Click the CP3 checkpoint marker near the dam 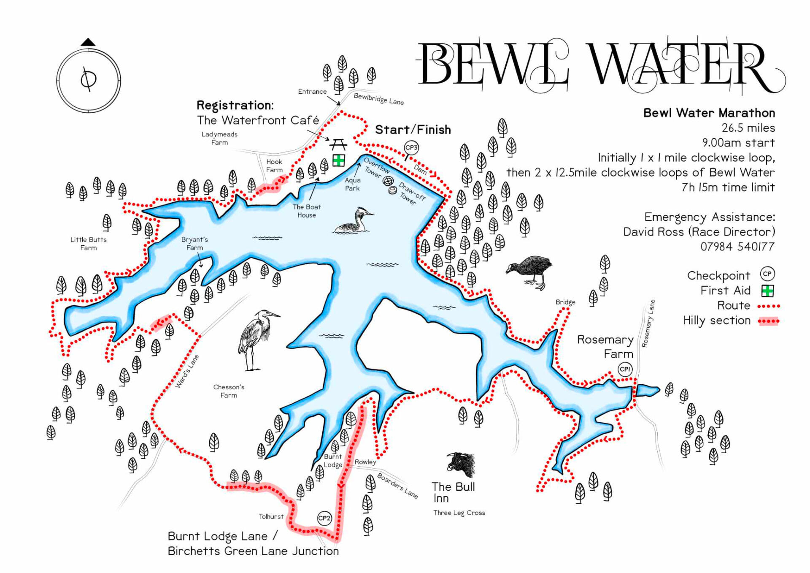click(411, 148)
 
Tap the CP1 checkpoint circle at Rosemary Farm click(625, 369)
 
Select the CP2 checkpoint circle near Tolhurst click(324, 518)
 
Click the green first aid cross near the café click(338, 160)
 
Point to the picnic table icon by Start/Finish click(338, 145)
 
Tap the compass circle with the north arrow click(89, 80)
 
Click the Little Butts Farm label click(89, 244)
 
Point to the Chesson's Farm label click(229, 391)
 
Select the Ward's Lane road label click(187, 372)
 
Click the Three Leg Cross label click(459, 513)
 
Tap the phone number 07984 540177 click(737, 247)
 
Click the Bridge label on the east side click(565, 302)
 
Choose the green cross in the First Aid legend click(767, 291)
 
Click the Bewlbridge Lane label click(378, 99)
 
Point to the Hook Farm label click(274, 166)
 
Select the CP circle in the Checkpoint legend click(767, 274)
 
